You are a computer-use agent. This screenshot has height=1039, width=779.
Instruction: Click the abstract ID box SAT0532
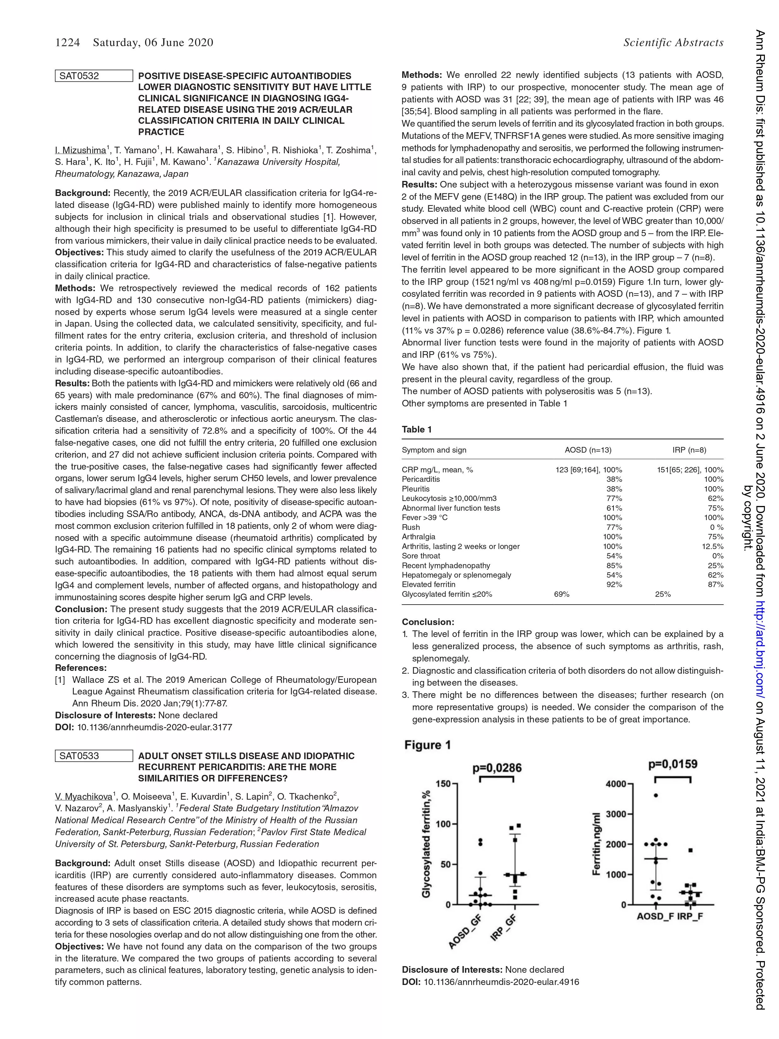click(94, 76)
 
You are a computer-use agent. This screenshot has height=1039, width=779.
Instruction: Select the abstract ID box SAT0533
click(94, 756)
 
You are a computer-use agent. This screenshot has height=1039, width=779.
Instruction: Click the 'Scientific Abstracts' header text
click(673, 43)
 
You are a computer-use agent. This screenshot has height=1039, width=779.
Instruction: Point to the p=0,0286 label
click(497, 768)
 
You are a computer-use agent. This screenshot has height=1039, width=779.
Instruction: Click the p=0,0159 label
click(673, 764)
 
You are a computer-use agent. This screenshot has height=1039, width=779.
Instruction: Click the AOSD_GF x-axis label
click(465, 933)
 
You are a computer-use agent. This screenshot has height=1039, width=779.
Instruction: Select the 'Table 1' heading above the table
click(416, 429)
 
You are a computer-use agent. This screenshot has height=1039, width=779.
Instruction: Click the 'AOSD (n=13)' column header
click(588, 450)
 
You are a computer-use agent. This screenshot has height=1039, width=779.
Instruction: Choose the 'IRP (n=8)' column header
click(689, 450)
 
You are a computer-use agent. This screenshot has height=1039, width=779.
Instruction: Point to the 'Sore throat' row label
click(421, 556)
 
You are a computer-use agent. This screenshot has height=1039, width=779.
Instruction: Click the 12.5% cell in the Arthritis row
click(712, 546)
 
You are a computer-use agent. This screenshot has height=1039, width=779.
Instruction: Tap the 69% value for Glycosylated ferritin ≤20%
click(562, 594)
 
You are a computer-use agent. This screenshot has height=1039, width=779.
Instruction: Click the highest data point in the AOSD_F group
click(656, 795)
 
